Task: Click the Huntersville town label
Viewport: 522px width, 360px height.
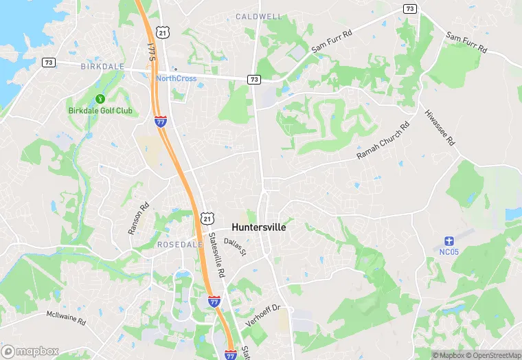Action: tap(259, 227)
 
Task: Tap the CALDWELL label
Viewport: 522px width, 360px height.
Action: tap(259, 16)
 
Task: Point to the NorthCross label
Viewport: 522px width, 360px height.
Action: tap(176, 78)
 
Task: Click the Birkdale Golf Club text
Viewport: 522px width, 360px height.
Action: tap(100, 111)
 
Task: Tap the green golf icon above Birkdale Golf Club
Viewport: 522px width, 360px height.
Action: tap(100, 99)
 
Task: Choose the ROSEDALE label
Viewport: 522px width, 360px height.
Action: tap(180, 245)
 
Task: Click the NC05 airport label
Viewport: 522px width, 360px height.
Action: tap(449, 251)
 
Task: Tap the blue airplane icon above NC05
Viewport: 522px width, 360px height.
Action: tap(449, 240)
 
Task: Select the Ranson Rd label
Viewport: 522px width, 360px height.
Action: tap(139, 218)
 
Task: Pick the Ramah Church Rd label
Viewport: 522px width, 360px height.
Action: tap(383, 142)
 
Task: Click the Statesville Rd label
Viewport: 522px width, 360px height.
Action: tap(217, 256)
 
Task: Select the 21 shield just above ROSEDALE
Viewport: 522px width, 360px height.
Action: tap(207, 218)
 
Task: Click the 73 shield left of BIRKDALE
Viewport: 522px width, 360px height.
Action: tap(48, 63)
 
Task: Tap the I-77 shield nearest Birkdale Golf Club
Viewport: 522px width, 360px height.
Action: tap(160, 122)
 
